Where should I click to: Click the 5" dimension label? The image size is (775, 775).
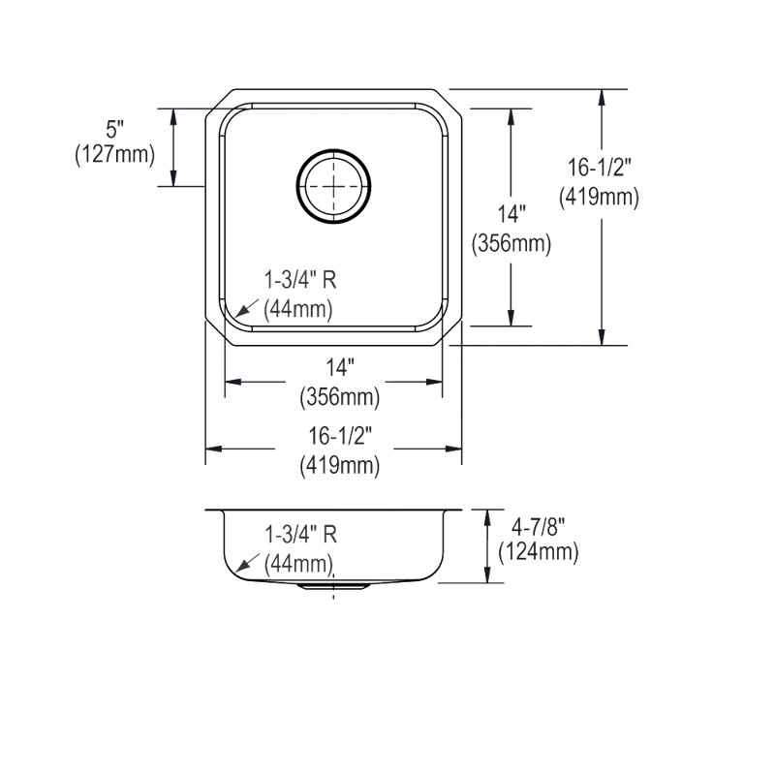(114, 130)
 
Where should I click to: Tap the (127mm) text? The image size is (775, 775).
(114, 155)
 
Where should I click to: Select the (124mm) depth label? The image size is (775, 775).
(539, 551)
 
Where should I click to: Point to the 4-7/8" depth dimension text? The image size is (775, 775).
(539, 527)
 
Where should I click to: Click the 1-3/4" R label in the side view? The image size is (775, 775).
(301, 535)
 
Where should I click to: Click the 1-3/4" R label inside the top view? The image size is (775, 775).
(300, 280)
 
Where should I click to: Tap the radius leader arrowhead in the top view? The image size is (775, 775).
(241, 311)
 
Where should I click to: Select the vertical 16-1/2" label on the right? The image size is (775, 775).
(599, 168)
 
